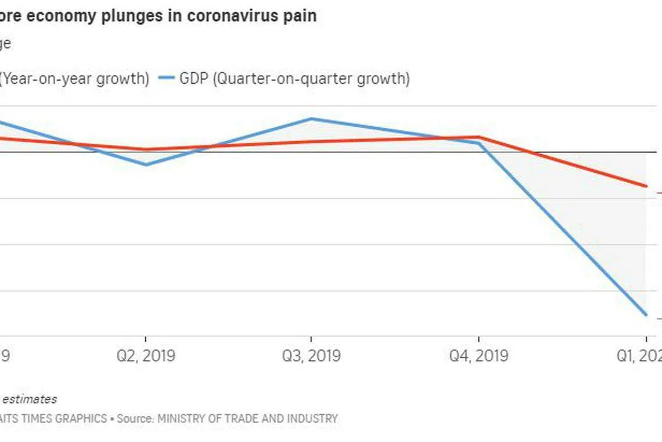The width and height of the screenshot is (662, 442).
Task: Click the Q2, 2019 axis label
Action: pos(145,355)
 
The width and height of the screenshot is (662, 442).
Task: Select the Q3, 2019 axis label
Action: pos(312,355)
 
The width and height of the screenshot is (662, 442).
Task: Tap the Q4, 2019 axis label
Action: pos(478,355)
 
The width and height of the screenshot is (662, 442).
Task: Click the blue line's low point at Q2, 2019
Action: pos(145,165)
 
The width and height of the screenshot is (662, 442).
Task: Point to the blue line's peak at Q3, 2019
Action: pos(312,119)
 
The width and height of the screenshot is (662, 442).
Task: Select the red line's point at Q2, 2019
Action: pos(145,149)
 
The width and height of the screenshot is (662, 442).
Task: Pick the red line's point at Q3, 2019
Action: pos(312,142)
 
